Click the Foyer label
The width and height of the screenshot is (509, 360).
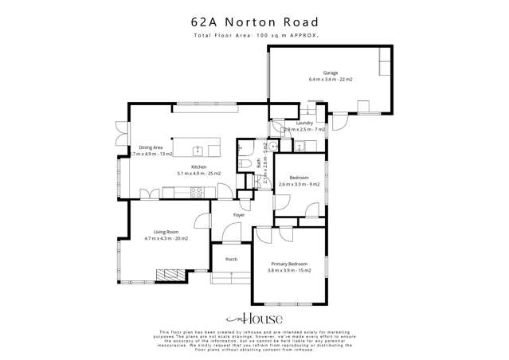238,215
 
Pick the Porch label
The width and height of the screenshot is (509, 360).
232,259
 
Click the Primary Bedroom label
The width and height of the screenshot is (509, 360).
288,264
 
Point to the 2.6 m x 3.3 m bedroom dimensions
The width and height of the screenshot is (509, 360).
299,184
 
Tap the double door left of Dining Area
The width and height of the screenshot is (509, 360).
120,132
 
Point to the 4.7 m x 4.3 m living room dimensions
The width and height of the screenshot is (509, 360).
166,239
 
